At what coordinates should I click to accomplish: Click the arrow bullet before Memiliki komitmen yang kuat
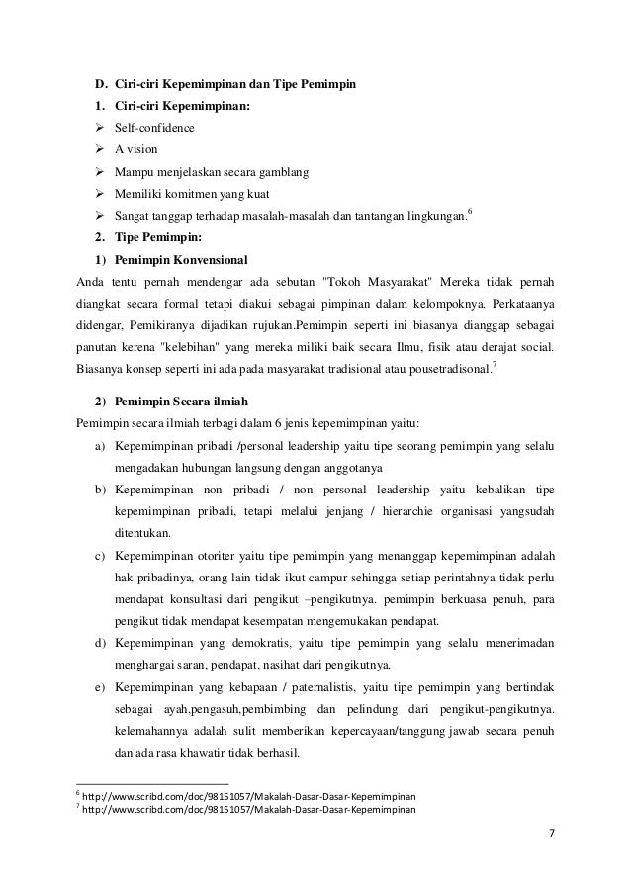point(100,193)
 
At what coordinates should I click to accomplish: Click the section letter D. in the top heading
point(100,83)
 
